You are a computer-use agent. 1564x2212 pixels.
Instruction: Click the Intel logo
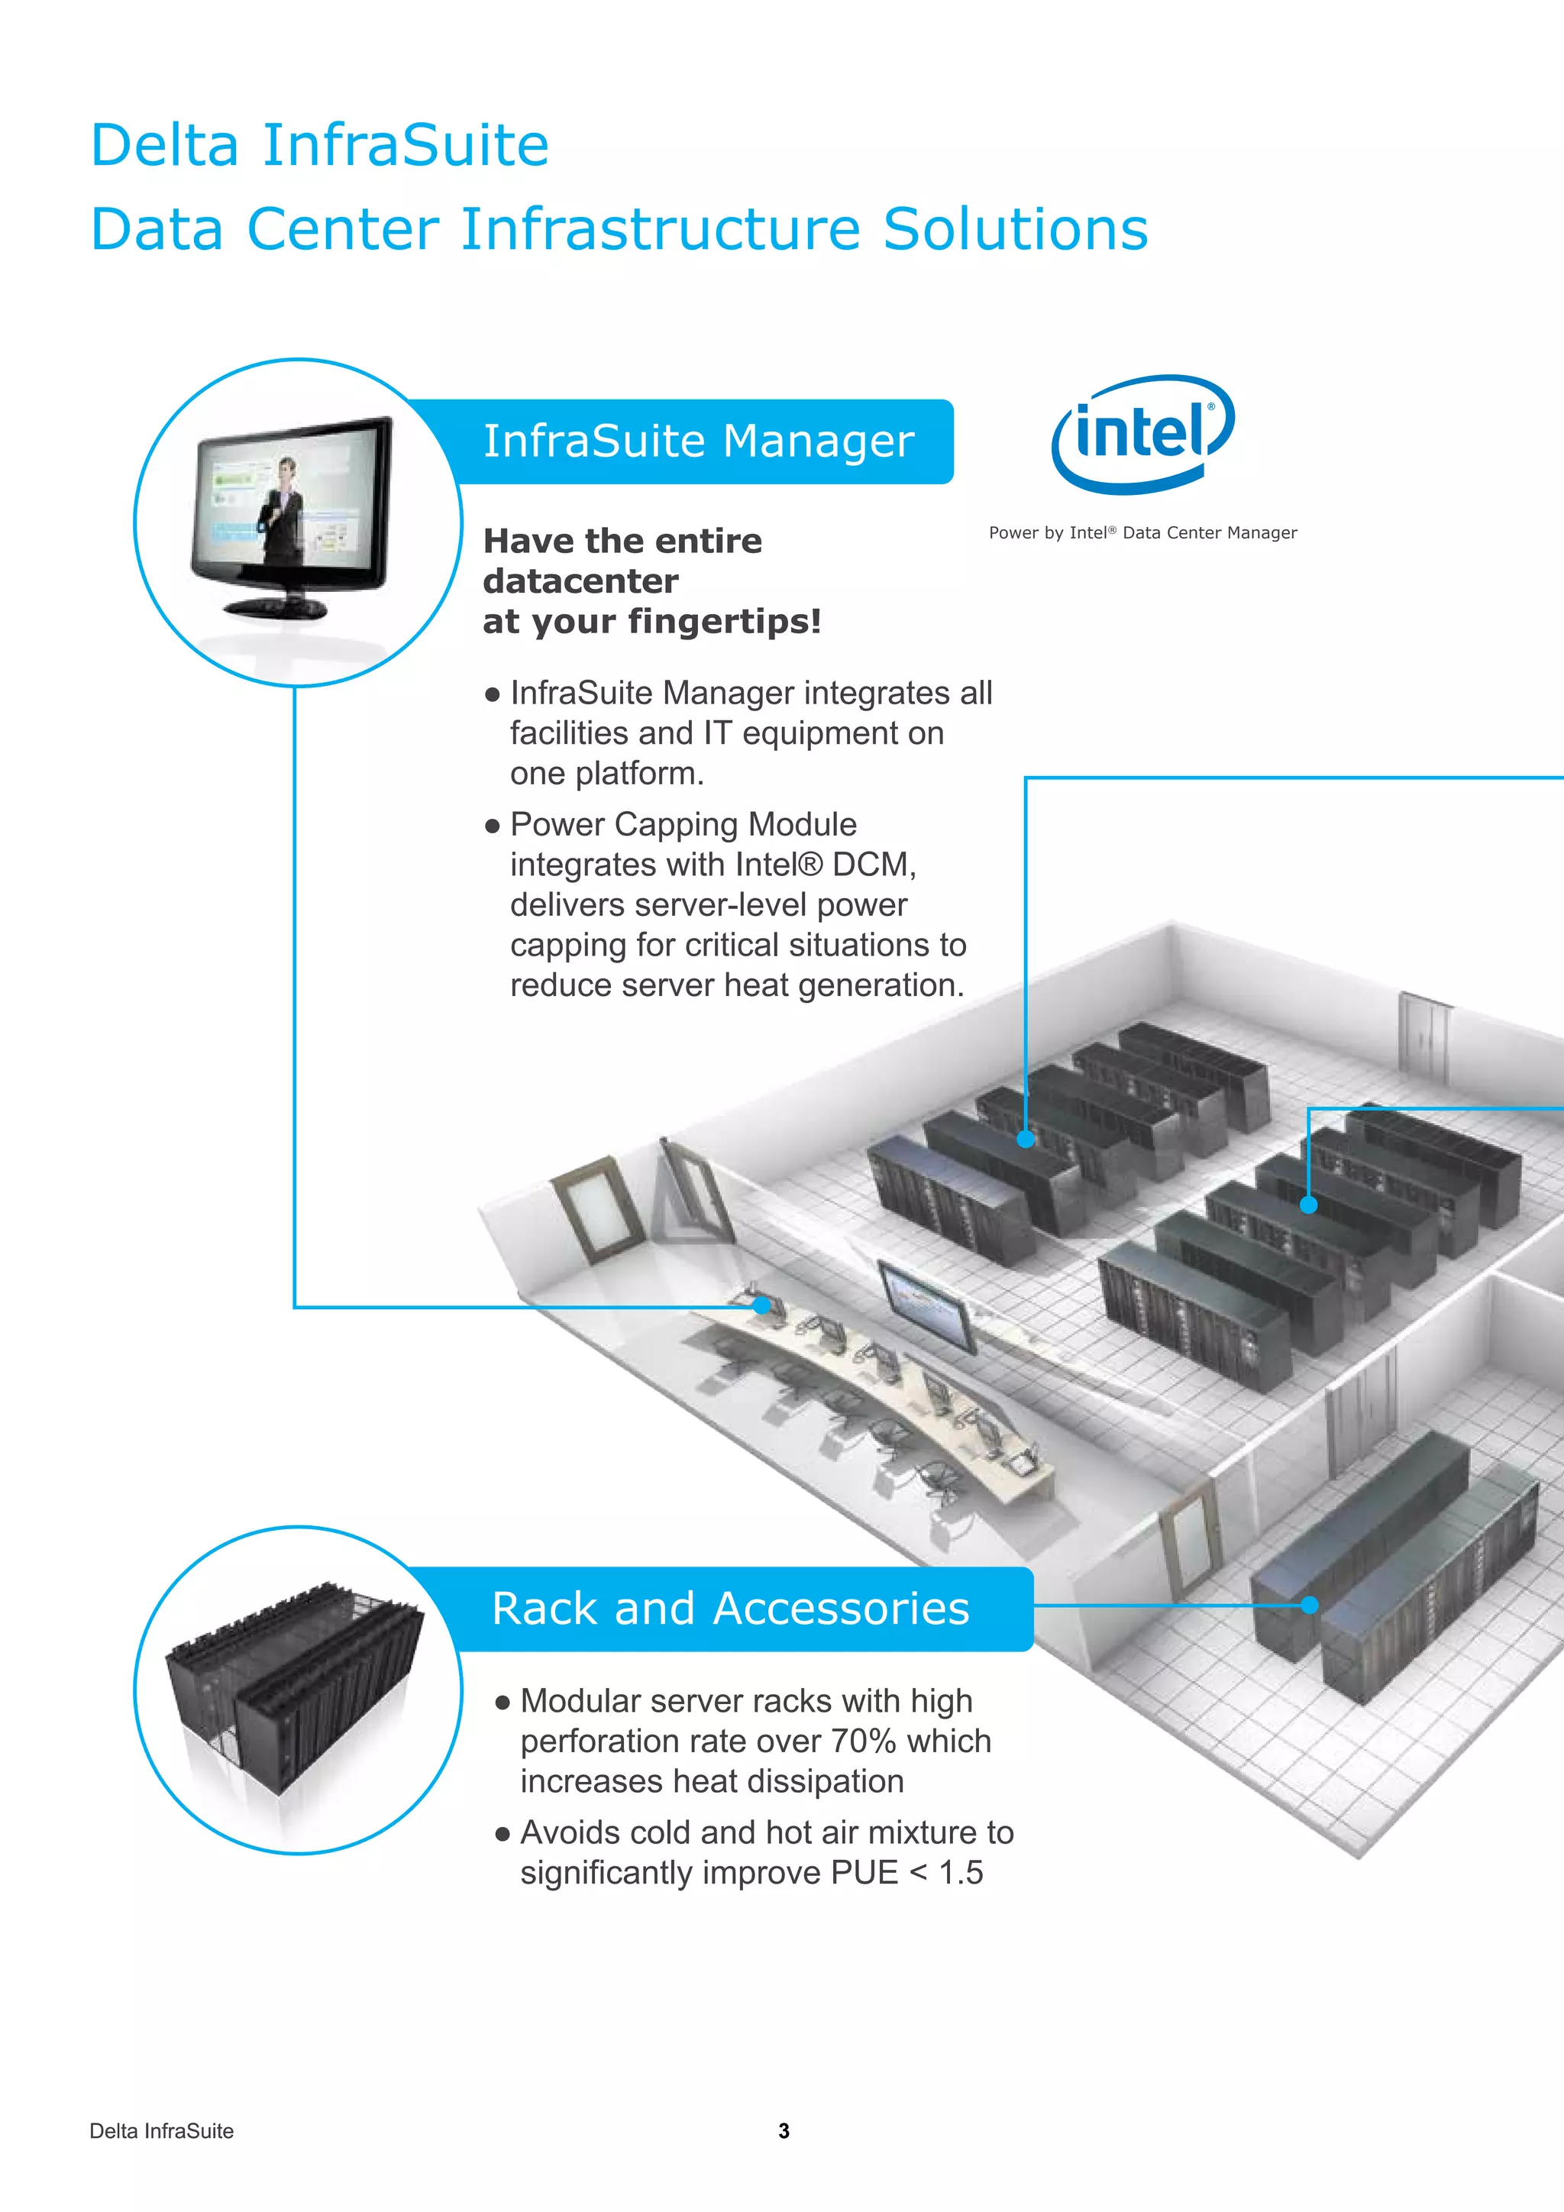(1143, 434)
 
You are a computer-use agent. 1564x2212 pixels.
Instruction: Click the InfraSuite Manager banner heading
(698, 441)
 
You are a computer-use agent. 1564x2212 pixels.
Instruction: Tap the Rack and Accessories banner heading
(730, 1609)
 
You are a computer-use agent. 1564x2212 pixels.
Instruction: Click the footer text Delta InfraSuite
(161, 2131)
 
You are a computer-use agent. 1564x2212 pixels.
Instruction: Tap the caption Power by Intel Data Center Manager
(1142, 533)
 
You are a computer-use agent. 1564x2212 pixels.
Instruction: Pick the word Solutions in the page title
(1015, 229)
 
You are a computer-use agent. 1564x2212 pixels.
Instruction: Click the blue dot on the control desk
(762, 1305)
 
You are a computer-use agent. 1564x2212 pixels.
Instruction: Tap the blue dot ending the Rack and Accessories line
(1309, 1605)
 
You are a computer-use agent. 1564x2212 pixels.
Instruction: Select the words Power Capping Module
(683, 825)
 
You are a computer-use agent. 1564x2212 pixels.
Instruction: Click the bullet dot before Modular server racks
(502, 1703)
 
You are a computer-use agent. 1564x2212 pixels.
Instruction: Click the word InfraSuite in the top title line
(406, 145)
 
